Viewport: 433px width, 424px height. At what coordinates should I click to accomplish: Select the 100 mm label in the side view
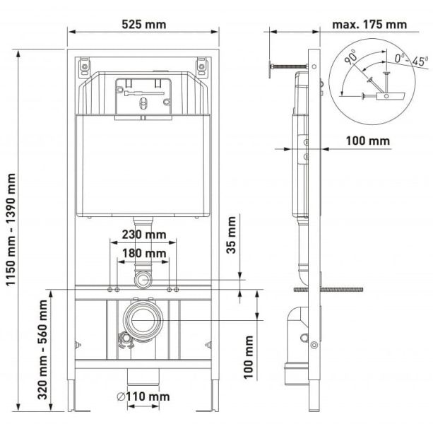tap(367, 141)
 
